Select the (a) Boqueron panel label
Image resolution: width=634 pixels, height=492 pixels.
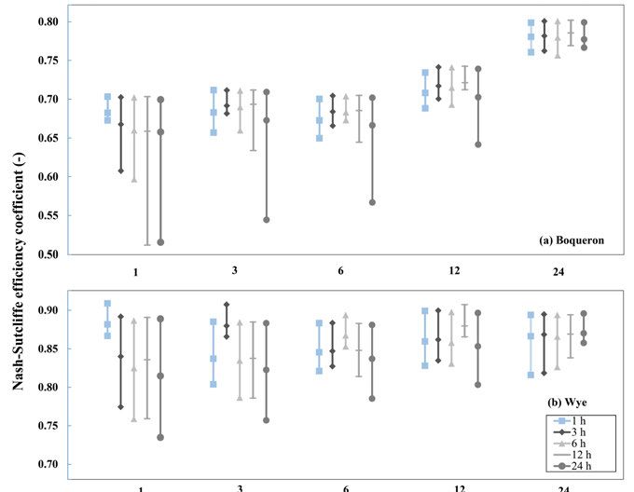[x=572, y=239]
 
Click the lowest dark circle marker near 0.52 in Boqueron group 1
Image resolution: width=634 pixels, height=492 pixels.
[x=160, y=242]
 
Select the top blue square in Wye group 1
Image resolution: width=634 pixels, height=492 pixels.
[x=107, y=304]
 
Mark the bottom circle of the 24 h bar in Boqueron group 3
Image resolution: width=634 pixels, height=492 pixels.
[x=266, y=220]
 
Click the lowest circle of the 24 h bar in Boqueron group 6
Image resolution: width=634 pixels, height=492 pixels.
[x=372, y=202]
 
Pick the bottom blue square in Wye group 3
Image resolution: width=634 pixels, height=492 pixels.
[x=213, y=384]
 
